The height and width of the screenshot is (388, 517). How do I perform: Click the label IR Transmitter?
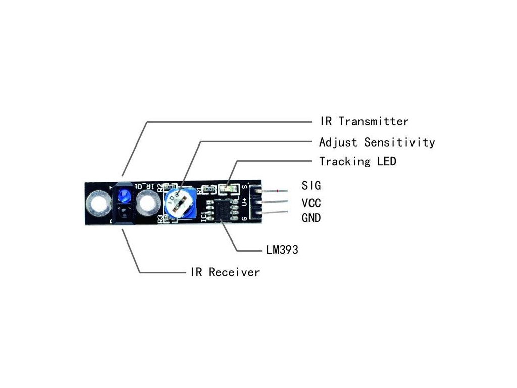click(364, 121)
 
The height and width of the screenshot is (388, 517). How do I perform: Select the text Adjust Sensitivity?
click(377, 142)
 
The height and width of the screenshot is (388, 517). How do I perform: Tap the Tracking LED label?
click(357, 162)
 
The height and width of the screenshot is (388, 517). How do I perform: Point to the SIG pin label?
click(311, 185)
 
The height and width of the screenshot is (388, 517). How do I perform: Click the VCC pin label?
click(312, 203)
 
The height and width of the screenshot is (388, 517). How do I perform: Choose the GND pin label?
click(312, 218)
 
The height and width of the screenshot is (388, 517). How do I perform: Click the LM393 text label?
click(282, 250)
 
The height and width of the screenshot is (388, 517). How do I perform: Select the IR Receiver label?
click(225, 272)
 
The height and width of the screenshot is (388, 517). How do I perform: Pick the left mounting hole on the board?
click(97, 204)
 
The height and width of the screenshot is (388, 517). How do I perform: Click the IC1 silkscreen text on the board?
click(203, 216)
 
